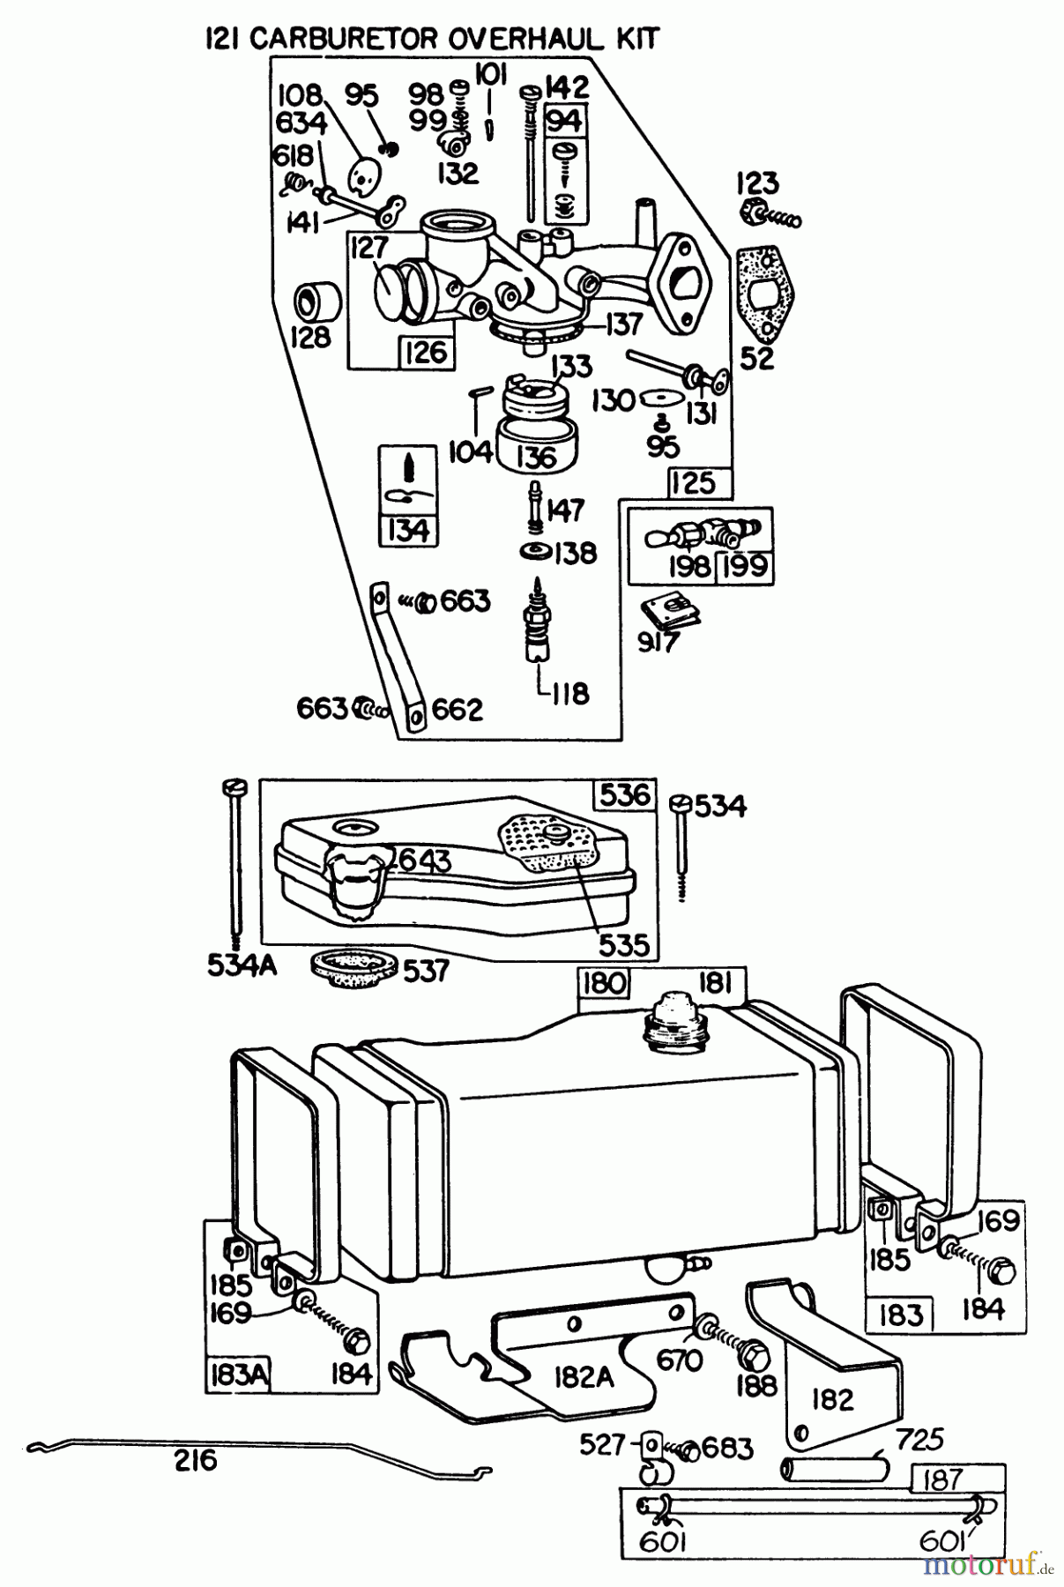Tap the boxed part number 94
point(565,120)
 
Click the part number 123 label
point(757,183)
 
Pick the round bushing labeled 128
point(317,302)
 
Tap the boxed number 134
point(407,531)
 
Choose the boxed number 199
point(745,566)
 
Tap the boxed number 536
point(625,794)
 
